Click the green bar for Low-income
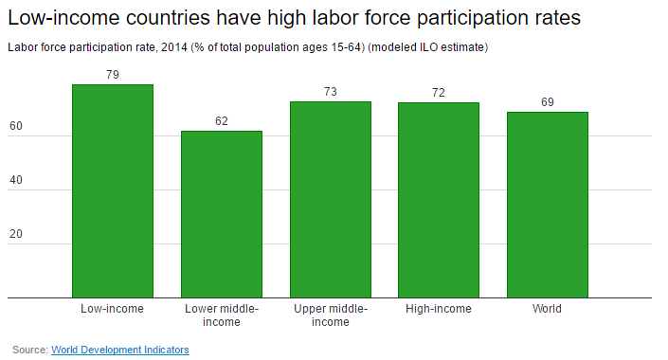point(113,191)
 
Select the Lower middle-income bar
point(222,214)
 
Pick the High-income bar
point(439,200)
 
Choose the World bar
point(547,205)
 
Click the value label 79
point(113,75)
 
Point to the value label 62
point(222,121)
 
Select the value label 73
point(330,92)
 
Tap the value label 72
point(439,93)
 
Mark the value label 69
point(547,102)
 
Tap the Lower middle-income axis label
point(222,315)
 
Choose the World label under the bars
point(547,309)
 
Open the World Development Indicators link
point(120,350)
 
